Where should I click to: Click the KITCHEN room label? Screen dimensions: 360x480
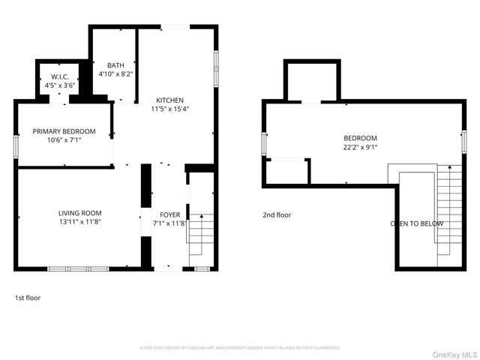169,100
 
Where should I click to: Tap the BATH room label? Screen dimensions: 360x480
115,65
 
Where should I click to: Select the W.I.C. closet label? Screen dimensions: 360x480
60,76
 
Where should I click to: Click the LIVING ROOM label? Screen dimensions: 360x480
79,214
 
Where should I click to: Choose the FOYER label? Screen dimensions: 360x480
169,214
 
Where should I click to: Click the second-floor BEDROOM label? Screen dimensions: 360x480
360,138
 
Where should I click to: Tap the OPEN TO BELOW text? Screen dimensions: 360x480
417,223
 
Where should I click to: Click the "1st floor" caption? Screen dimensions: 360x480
28,298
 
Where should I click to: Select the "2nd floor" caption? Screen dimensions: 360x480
277,215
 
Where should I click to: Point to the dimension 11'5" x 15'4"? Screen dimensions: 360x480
169,109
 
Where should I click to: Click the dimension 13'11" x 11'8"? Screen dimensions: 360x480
79,222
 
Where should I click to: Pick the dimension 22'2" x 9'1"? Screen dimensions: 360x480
360,147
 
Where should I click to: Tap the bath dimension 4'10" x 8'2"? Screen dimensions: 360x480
115,73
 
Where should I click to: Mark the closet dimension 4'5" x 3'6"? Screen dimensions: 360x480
60,85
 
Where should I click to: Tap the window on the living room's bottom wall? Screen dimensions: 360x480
78,268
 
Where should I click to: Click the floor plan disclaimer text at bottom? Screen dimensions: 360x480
240,348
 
